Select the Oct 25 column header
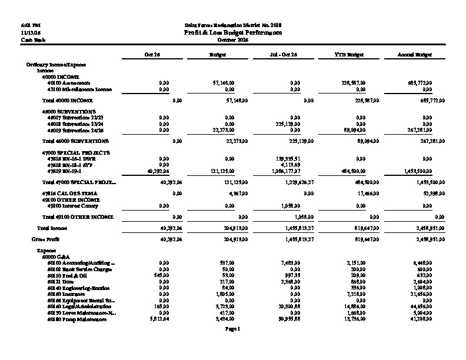pyautogui.click(x=152, y=54)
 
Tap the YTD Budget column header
pyautogui.click(x=349, y=54)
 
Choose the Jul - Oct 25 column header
pyautogui.click(x=283, y=54)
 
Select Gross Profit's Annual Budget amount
pyautogui.click(x=420, y=239)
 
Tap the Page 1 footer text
pyautogui.click(x=233, y=329)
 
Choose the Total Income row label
pyautogui.click(x=52, y=228)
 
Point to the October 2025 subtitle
pyautogui.click(x=233, y=39)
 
